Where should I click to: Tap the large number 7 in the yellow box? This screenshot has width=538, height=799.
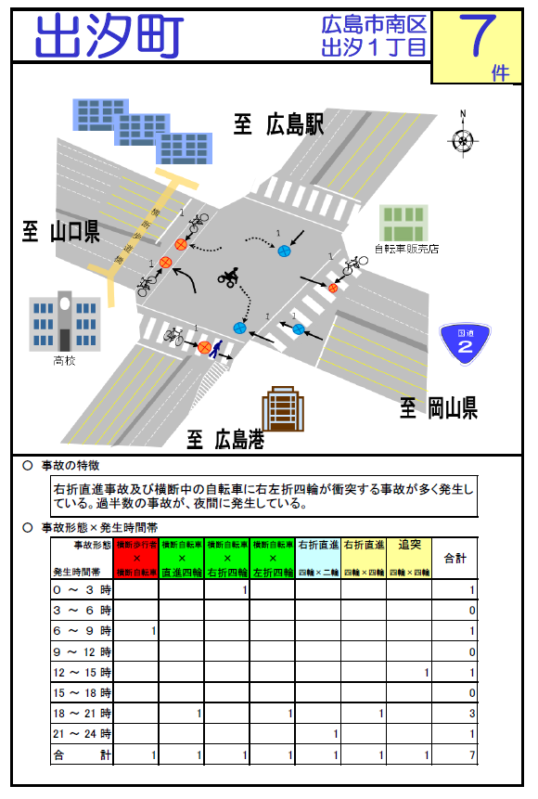pos(480,38)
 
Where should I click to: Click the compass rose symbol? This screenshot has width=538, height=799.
pos(462,137)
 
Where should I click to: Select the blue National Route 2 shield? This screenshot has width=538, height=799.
pos(465,343)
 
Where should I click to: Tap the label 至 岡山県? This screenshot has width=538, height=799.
pos(439,406)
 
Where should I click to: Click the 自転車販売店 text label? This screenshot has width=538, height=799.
pos(405,249)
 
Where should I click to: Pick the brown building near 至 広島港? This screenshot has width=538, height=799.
pos(284,409)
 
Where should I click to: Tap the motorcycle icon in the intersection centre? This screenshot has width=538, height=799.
pos(229,276)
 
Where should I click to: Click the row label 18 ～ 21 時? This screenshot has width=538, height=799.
pos(83,713)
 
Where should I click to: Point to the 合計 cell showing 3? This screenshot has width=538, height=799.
pos(472,713)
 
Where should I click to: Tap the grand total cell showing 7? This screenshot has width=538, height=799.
pos(472,755)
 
